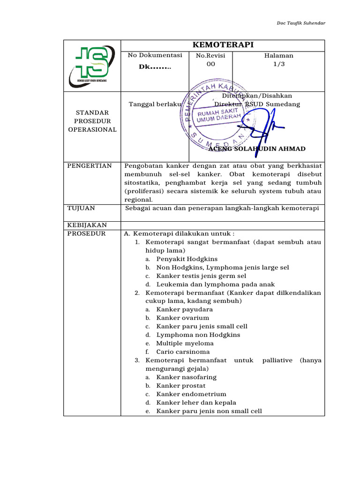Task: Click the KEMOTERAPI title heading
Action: coord(223,45)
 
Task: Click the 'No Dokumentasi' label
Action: coord(155,55)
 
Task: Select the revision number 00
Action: coord(210,64)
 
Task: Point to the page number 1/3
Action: coord(278,64)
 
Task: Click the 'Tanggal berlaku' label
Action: coord(155,104)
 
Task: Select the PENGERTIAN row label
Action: coord(90,165)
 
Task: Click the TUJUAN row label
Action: coord(81,208)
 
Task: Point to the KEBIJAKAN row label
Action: coord(87,225)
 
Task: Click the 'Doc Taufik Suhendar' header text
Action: coord(301,23)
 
